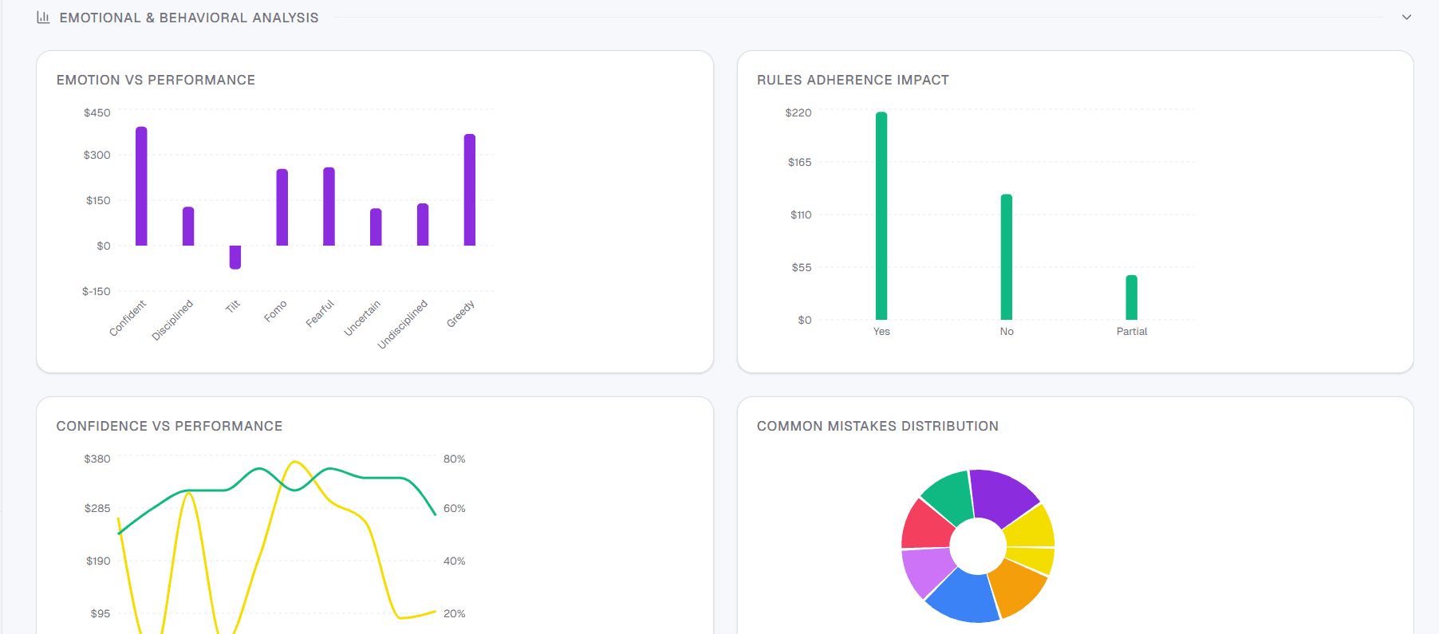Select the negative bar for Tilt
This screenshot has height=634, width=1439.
[235, 257]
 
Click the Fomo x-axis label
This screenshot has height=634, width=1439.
[275, 311]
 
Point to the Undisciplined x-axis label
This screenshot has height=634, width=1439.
[403, 324]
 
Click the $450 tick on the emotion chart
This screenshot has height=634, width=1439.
[97, 113]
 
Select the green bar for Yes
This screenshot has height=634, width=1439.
[881, 215]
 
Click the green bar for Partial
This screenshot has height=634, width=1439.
[1131, 297]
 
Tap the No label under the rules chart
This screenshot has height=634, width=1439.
[1007, 332]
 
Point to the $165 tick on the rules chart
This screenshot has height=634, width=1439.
[799, 163]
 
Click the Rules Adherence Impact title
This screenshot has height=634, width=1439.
[853, 80]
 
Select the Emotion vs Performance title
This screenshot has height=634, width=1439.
[156, 80]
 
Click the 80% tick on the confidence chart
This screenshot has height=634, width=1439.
[454, 459]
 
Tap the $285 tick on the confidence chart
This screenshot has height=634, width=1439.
[97, 509]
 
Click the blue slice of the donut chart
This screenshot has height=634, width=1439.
[961, 598]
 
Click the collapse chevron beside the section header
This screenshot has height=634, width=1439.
[1406, 17]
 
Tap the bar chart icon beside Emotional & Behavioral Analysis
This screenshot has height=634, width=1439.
[43, 17]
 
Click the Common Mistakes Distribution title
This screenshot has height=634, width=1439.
[877, 426]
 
